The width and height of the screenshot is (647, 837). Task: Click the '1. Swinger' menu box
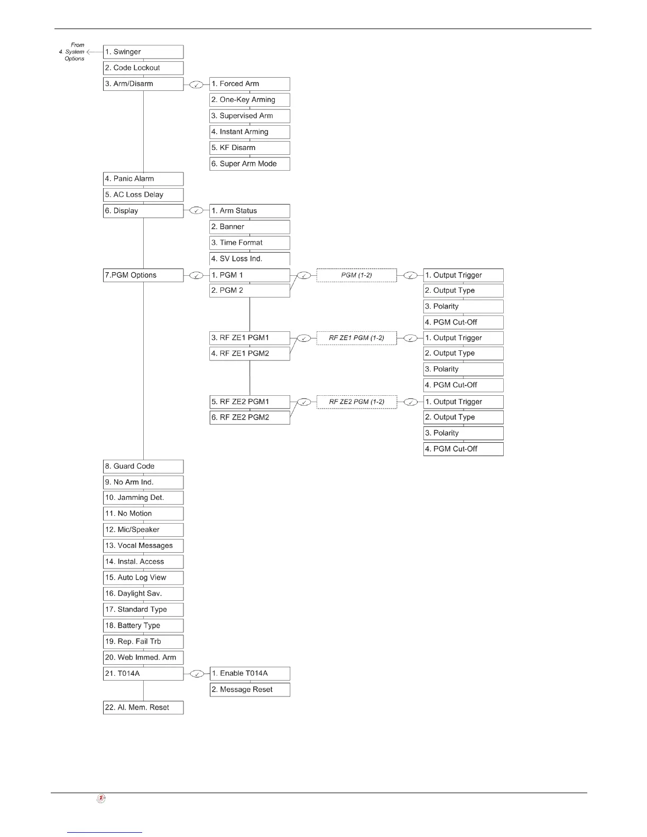(143, 52)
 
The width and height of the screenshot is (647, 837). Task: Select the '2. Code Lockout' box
(143, 68)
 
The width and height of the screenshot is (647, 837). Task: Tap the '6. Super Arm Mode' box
(249, 164)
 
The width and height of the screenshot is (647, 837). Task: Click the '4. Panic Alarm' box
(143, 179)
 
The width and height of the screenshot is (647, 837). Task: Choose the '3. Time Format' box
(249, 243)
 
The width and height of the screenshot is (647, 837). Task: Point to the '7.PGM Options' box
(143, 275)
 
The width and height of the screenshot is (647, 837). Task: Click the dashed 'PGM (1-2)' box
(356, 275)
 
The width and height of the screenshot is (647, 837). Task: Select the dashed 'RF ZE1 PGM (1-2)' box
(356, 338)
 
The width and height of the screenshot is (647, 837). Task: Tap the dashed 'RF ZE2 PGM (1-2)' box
(356, 402)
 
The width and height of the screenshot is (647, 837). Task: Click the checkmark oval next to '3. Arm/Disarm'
(196, 84)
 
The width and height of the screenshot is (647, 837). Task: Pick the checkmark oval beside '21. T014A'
(196, 674)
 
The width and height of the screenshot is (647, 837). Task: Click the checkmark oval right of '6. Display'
(196, 211)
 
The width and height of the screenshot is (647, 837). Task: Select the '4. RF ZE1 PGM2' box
(249, 354)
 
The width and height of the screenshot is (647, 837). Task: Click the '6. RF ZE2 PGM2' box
(249, 417)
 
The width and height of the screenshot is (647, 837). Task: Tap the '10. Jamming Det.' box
(143, 498)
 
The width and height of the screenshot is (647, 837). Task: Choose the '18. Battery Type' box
(143, 626)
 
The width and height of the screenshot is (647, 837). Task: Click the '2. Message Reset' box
(249, 690)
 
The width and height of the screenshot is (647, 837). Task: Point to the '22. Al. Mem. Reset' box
(143, 708)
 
